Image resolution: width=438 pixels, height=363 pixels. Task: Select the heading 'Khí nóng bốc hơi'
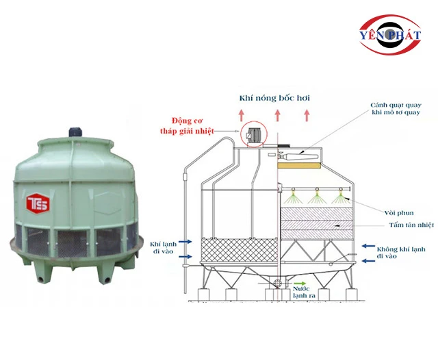click(274, 98)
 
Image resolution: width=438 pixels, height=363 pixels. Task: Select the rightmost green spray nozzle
click(338, 199)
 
